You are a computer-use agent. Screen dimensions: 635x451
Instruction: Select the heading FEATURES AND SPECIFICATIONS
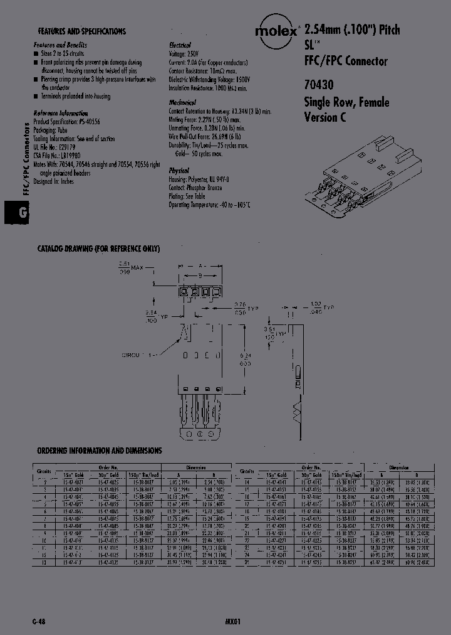click(x=81, y=31)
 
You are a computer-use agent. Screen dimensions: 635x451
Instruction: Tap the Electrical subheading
click(x=181, y=46)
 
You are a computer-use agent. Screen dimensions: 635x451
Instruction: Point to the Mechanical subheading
click(x=182, y=102)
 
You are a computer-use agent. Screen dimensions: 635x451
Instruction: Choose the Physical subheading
click(x=179, y=170)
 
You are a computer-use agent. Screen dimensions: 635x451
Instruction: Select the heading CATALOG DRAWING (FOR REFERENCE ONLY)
click(x=98, y=249)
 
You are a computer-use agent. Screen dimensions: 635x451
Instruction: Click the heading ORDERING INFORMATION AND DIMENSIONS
click(x=100, y=451)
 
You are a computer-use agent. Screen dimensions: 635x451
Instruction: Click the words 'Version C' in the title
click(x=324, y=117)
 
